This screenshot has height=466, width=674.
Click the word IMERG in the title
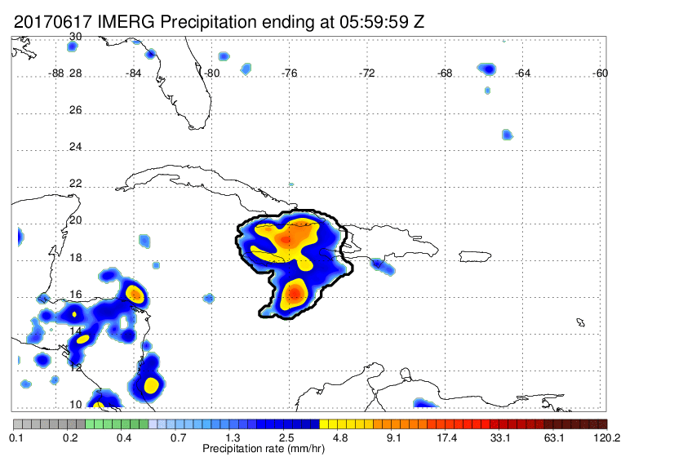point(126,22)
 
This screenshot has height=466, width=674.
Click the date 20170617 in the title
point(52,22)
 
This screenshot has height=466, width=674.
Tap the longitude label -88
point(55,73)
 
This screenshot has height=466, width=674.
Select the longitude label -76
point(289,73)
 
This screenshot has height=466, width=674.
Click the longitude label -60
point(601,73)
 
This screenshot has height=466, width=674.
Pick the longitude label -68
point(445,73)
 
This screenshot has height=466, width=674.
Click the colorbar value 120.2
point(606,438)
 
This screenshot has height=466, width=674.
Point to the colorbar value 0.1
point(16,438)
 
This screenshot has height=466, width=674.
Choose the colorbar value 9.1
point(393,438)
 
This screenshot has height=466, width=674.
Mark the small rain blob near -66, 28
point(487,69)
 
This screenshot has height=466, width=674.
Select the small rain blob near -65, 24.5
point(507,134)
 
